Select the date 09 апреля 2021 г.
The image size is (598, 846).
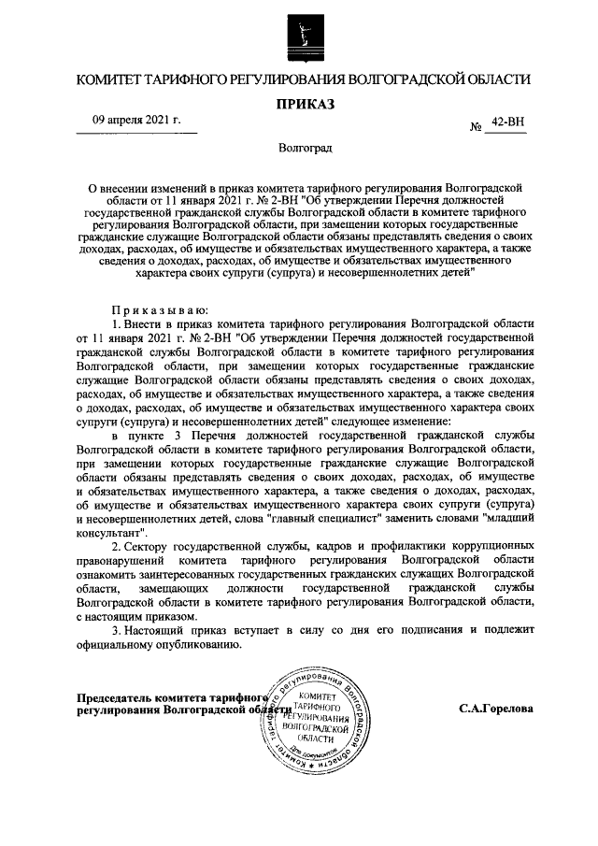[135, 122]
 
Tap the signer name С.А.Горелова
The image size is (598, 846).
[496, 709]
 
